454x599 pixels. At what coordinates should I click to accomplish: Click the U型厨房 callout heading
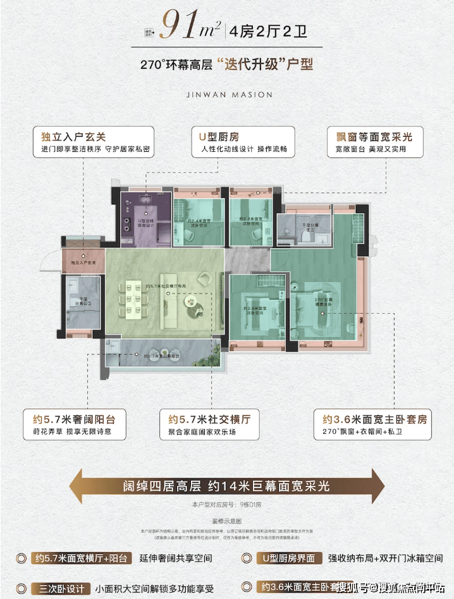[x=216, y=137]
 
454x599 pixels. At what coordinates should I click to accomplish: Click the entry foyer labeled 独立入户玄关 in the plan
[x=83, y=261]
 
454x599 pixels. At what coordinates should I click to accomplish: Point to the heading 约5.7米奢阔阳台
[x=75, y=419]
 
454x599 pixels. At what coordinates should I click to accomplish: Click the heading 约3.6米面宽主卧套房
[x=374, y=419]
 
